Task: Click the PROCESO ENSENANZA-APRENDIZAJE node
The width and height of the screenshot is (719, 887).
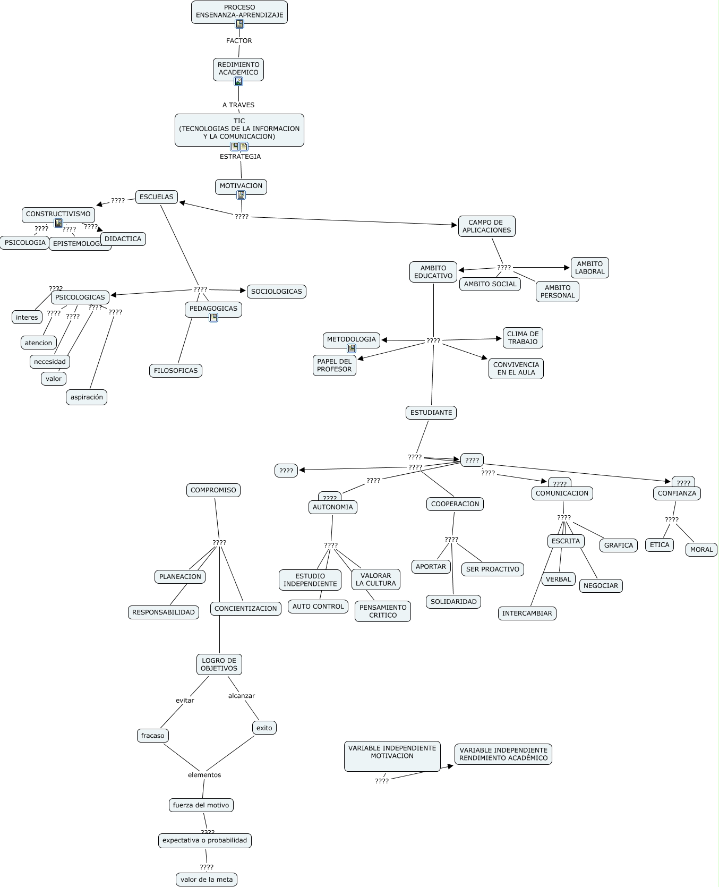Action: click(x=239, y=11)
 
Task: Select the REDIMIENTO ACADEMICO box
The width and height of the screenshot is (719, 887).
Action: click(x=238, y=69)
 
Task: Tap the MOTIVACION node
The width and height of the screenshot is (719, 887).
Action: click(x=241, y=186)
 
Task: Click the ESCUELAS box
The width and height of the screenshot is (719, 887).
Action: click(x=156, y=197)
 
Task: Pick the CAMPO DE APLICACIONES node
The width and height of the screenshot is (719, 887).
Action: click(x=486, y=226)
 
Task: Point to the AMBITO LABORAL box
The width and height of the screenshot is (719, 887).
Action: click(x=589, y=268)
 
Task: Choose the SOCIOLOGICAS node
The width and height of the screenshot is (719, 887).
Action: click(x=276, y=292)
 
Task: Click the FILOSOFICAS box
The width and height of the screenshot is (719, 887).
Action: click(x=175, y=371)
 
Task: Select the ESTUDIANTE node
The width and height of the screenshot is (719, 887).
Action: click(x=431, y=413)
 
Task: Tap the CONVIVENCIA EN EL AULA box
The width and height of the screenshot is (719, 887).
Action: click(x=516, y=369)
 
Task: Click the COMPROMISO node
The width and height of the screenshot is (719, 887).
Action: click(x=213, y=490)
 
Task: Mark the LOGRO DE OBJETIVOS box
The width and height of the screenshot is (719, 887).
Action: click(x=219, y=664)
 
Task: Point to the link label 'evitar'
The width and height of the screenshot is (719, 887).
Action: click(x=185, y=701)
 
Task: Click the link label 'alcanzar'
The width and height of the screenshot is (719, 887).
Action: click(x=242, y=696)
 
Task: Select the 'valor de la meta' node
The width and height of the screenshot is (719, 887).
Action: click(x=207, y=880)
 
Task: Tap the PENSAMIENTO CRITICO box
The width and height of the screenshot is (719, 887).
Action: click(x=383, y=611)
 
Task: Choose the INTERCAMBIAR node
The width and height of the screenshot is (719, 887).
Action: click(x=527, y=613)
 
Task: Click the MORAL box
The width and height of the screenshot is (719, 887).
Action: click(x=701, y=550)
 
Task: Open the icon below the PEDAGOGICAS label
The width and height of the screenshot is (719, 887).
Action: click(x=213, y=318)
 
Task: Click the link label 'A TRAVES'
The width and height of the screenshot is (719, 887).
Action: click(x=238, y=105)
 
